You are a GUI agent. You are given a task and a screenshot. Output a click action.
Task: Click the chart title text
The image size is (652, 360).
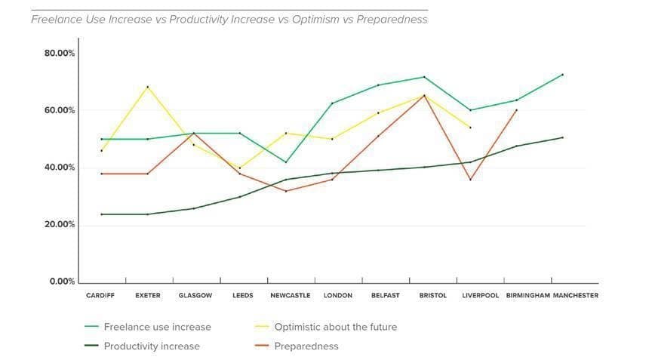[229, 20]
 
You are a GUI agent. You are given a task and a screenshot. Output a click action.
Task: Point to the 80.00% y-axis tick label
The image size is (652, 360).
[60, 53]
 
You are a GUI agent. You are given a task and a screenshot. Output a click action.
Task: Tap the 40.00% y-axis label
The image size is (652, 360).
[60, 168]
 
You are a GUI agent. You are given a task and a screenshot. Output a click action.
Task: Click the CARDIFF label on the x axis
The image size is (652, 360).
[100, 296]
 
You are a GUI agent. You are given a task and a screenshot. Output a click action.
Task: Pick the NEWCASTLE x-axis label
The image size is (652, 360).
[291, 296]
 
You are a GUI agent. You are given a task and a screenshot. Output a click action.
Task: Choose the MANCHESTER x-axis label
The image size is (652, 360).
[576, 296]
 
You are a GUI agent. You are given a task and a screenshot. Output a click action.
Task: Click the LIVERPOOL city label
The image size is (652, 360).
[481, 296]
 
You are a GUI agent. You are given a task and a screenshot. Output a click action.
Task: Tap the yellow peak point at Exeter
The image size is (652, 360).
[148, 87]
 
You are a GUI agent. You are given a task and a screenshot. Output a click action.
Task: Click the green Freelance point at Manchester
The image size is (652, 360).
[562, 75]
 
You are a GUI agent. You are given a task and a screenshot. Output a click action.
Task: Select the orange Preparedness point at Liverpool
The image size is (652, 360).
[470, 180]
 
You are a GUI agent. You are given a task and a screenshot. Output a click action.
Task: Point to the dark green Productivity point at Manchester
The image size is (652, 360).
[562, 137]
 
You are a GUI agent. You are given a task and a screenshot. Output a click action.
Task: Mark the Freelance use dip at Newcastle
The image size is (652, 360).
[285, 162]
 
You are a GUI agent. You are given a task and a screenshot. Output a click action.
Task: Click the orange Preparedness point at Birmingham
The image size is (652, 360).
[516, 110]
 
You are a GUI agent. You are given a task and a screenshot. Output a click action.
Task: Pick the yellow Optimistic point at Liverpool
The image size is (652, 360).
[470, 128]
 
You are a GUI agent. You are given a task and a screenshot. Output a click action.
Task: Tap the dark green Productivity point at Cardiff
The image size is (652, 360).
[101, 214]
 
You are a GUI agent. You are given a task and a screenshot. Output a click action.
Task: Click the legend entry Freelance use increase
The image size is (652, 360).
[157, 327]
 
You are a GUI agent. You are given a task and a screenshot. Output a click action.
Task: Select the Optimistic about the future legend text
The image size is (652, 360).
[326, 327]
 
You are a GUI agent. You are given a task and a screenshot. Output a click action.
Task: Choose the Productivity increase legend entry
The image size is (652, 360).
[152, 346]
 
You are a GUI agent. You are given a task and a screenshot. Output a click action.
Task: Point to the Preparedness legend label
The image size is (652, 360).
[307, 346]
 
